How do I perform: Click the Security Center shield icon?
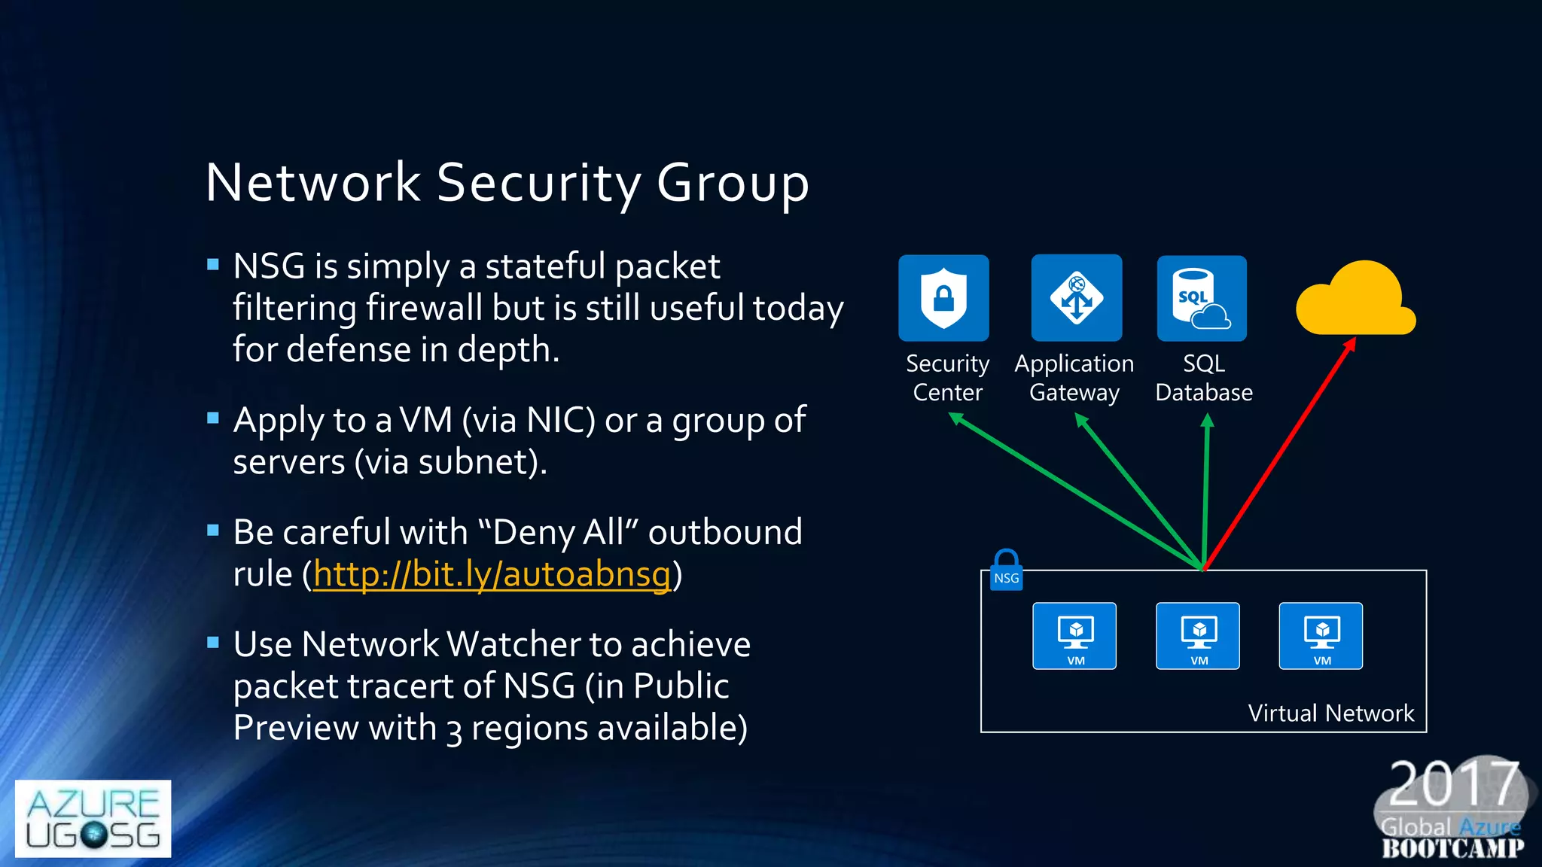click(x=943, y=298)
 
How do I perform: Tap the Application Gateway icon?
click(x=1077, y=298)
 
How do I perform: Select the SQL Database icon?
click(x=1202, y=298)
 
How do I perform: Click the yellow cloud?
click(x=1356, y=300)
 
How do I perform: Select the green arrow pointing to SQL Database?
click(x=1206, y=489)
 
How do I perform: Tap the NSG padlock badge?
click(x=1006, y=571)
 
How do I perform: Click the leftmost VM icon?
click(x=1074, y=636)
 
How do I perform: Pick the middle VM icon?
click(x=1198, y=636)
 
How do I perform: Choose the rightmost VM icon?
click(x=1321, y=636)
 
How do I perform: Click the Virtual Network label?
click(x=1330, y=713)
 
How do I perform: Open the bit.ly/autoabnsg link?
click(x=491, y=574)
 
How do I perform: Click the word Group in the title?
click(x=733, y=183)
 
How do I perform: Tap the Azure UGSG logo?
click(x=93, y=819)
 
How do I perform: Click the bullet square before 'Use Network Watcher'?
click(x=213, y=642)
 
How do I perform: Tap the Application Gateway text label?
click(x=1074, y=378)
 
